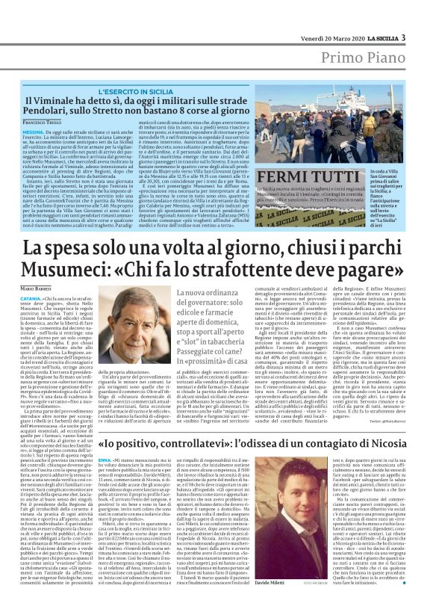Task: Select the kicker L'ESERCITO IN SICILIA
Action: point(138,90)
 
